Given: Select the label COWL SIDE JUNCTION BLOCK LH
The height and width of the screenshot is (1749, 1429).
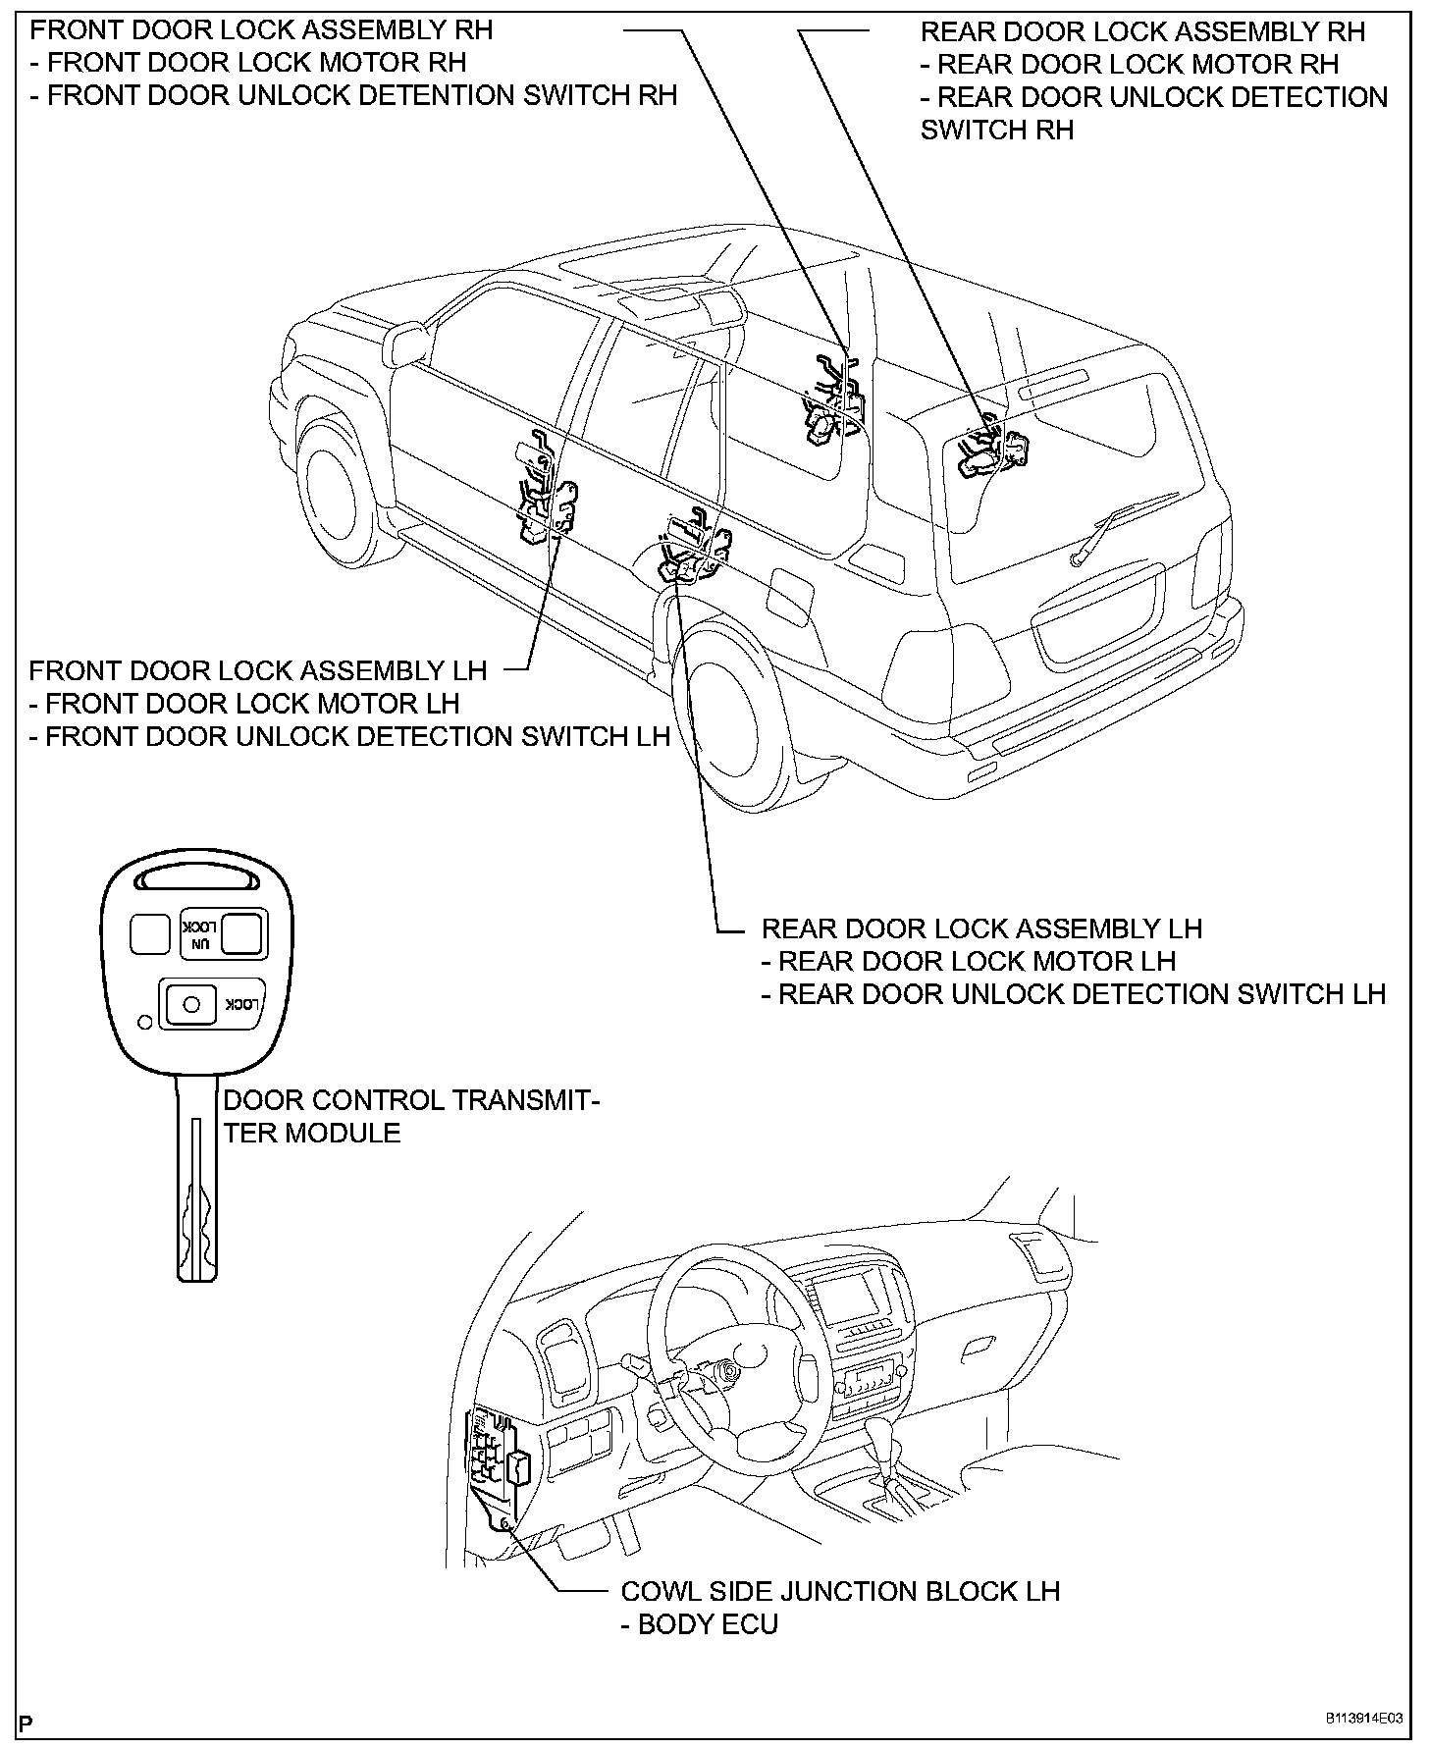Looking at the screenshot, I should (x=840, y=1591).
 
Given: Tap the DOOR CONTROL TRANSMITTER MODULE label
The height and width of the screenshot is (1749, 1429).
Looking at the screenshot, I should (x=410, y=1116).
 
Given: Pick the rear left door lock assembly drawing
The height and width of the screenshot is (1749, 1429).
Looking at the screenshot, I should (x=695, y=553).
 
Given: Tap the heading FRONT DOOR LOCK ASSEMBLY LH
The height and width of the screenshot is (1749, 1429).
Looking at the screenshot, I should (x=257, y=671).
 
